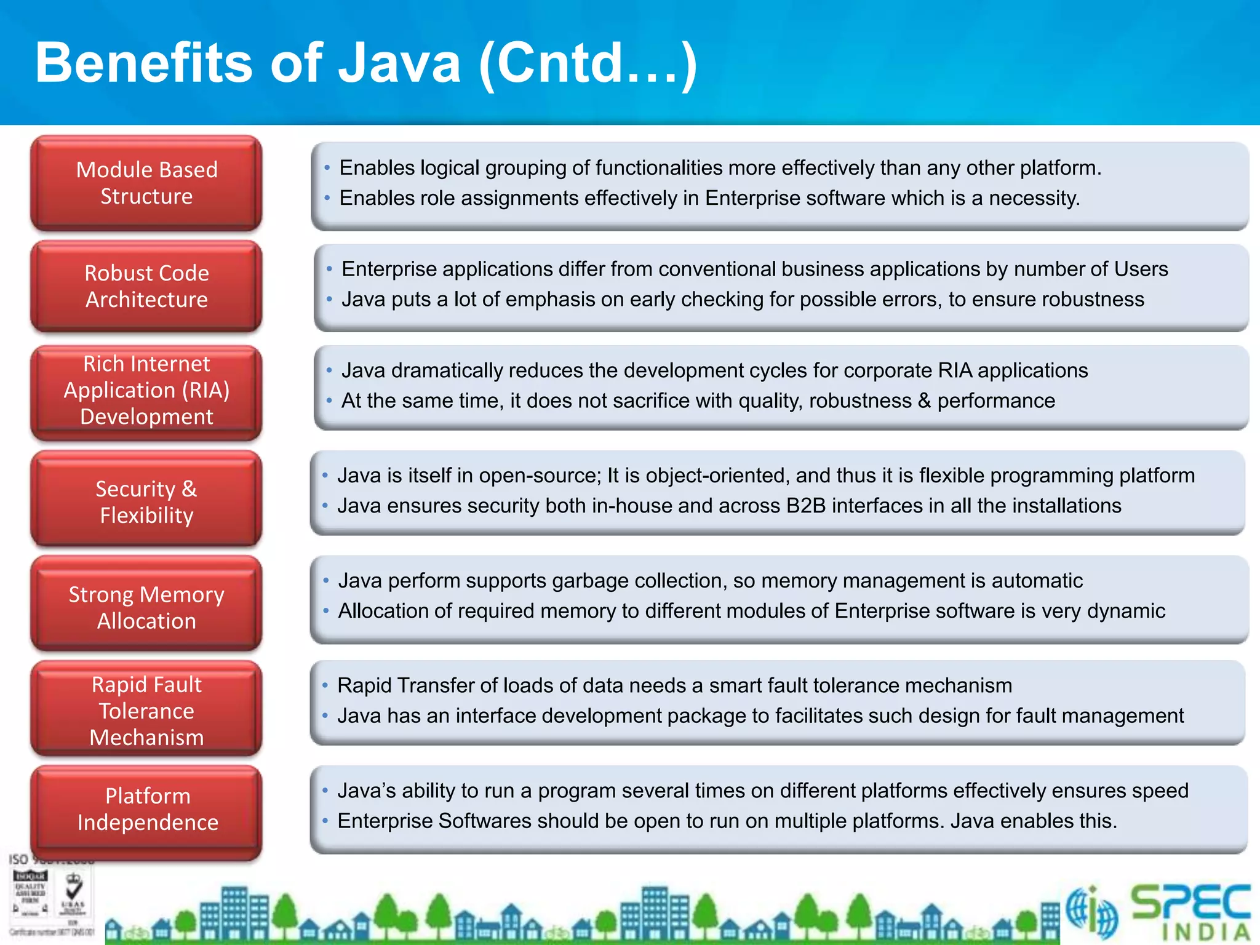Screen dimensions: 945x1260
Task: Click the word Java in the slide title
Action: click(399, 63)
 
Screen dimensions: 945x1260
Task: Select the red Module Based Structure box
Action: click(146, 183)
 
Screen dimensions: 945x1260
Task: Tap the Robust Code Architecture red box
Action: click(146, 286)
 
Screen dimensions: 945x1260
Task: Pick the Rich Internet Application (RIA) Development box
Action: click(146, 391)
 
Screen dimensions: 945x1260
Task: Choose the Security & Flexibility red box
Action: click(146, 501)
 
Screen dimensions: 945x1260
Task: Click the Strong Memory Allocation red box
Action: click(146, 607)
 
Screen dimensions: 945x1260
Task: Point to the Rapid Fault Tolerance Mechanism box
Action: click(146, 711)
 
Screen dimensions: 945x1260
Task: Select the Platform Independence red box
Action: click(146, 809)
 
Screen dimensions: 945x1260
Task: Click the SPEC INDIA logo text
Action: click(1190, 911)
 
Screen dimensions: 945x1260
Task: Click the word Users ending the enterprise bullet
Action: click(1142, 269)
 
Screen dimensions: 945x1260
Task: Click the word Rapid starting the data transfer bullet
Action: click(364, 685)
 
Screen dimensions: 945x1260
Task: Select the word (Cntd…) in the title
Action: click(588, 64)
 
